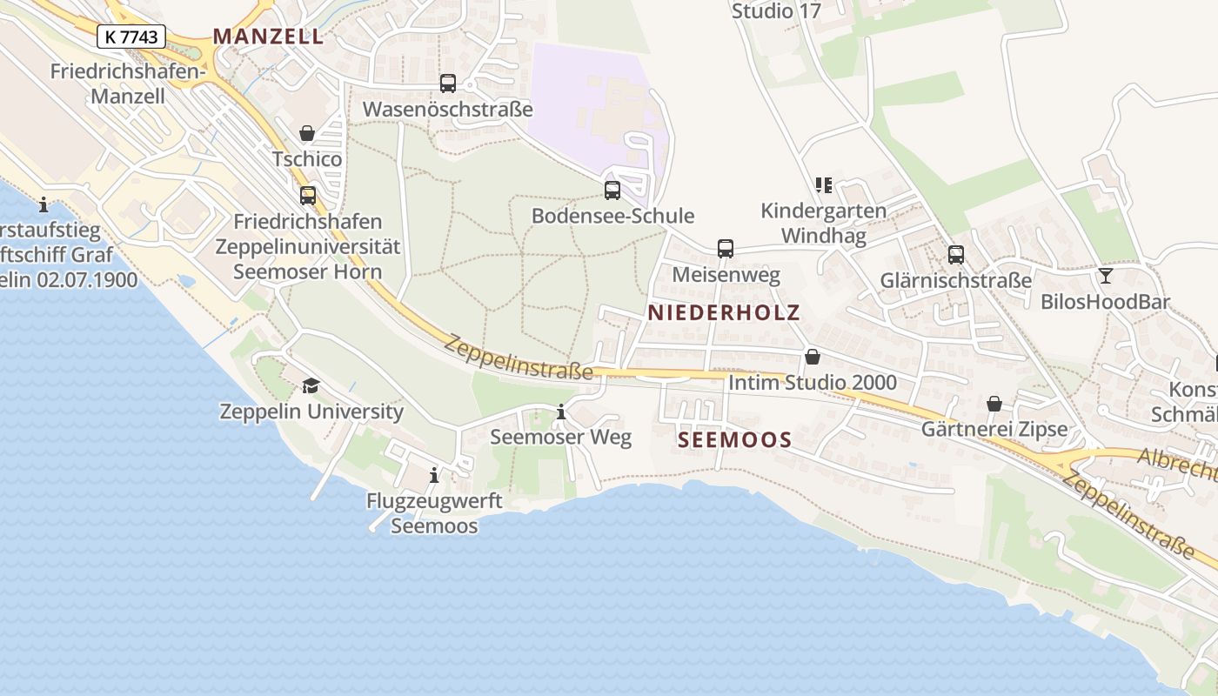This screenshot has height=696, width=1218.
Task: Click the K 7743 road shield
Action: point(130,37)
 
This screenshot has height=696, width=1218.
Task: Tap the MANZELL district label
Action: point(268,37)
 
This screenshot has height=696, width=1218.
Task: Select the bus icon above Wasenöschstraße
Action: point(448,84)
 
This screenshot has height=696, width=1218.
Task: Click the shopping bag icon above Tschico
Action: point(307,133)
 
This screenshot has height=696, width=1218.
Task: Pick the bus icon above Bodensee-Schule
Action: point(612,190)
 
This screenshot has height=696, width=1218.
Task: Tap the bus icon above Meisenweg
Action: point(726,249)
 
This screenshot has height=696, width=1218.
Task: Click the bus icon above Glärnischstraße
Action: point(956,254)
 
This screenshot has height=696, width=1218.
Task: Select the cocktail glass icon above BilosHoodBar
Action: point(1105,276)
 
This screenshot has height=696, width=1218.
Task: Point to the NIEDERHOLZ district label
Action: point(723,313)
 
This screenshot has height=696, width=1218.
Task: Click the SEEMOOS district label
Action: point(734,440)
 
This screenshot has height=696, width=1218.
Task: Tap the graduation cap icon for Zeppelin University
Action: point(311,385)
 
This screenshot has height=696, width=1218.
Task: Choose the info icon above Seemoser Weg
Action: point(561,412)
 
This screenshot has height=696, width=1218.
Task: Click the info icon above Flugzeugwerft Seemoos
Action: point(434,475)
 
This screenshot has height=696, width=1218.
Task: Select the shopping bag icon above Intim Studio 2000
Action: point(813,357)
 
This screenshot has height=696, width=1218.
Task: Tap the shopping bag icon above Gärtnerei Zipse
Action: point(994,404)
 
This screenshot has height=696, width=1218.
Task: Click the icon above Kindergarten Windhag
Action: point(823,184)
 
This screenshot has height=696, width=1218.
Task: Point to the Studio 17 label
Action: point(775,11)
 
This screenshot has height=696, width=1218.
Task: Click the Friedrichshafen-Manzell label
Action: point(128,84)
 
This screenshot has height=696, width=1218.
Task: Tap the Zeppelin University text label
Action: point(311,412)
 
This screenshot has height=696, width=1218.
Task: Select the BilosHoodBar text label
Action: point(1105,302)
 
